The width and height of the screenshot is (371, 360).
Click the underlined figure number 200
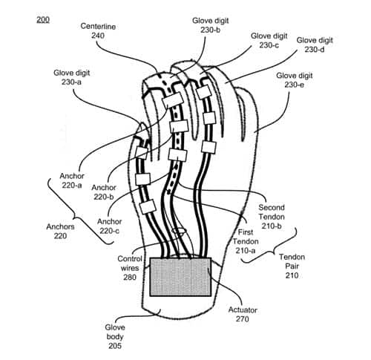tap(43, 19)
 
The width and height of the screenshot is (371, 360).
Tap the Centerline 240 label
tap(98, 31)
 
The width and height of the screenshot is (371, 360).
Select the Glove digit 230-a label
tap(71, 77)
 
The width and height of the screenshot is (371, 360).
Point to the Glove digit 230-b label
tap(211, 25)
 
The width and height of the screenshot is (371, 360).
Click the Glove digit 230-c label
tap(269, 41)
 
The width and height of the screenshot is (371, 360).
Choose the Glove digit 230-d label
tap(315, 45)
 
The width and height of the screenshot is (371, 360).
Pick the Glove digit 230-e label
tap(295, 80)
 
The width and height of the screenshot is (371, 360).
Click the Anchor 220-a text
tap(72, 180)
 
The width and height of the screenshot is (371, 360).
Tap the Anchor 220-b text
tap(104, 192)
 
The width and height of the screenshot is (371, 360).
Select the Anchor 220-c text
tap(110, 226)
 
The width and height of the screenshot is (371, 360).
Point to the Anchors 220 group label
tap(60, 232)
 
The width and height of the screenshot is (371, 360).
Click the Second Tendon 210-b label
tap(272, 217)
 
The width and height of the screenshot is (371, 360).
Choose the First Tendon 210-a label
tap(246, 241)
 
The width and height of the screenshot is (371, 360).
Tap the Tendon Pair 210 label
tap(292, 266)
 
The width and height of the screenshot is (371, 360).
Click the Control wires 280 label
tap(130, 268)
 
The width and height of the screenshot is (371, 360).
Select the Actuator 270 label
tap(243, 315)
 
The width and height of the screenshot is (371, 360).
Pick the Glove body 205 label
tap(115, 337)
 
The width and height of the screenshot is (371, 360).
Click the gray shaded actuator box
tap(180, 277)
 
